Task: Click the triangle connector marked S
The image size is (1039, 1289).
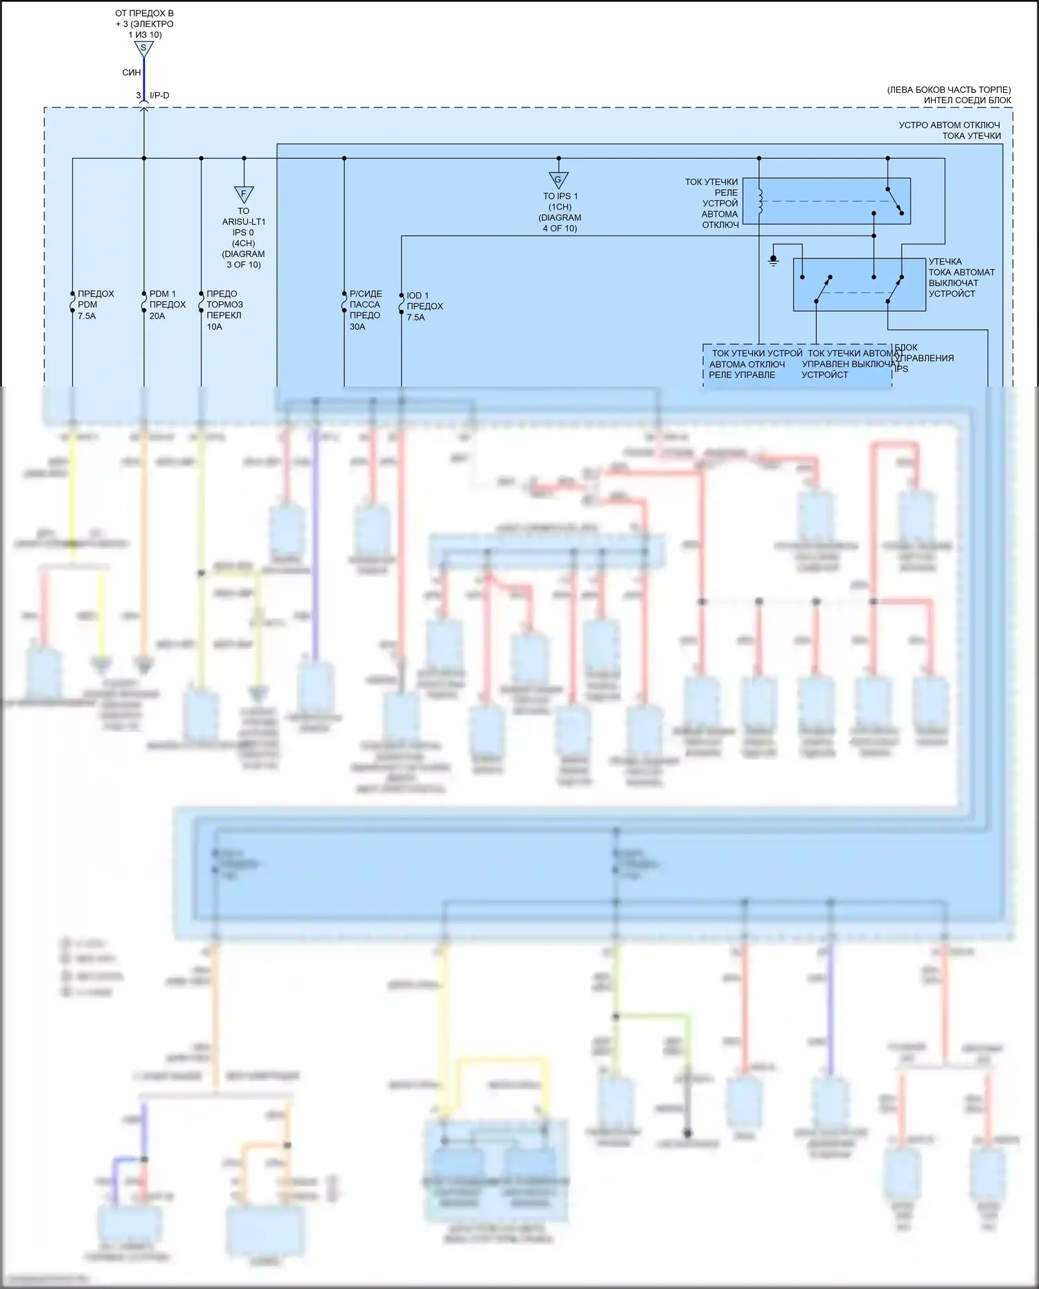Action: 143,48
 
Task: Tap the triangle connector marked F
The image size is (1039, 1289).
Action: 244,194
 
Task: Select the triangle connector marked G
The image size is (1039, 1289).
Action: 558,180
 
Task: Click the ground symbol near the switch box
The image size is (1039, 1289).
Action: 774,260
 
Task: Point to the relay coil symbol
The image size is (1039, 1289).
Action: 759,201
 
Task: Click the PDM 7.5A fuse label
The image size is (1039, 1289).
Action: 95,305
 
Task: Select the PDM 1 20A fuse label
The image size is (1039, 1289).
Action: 167,305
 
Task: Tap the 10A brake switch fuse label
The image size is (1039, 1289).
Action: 224,310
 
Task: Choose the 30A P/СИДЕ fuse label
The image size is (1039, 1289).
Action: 365,310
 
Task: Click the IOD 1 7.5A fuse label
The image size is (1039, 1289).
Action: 424,306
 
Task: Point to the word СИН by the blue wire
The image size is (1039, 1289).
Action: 132,72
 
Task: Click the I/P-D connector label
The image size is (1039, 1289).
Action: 159,96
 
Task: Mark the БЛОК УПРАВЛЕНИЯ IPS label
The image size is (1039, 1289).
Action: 923,357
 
